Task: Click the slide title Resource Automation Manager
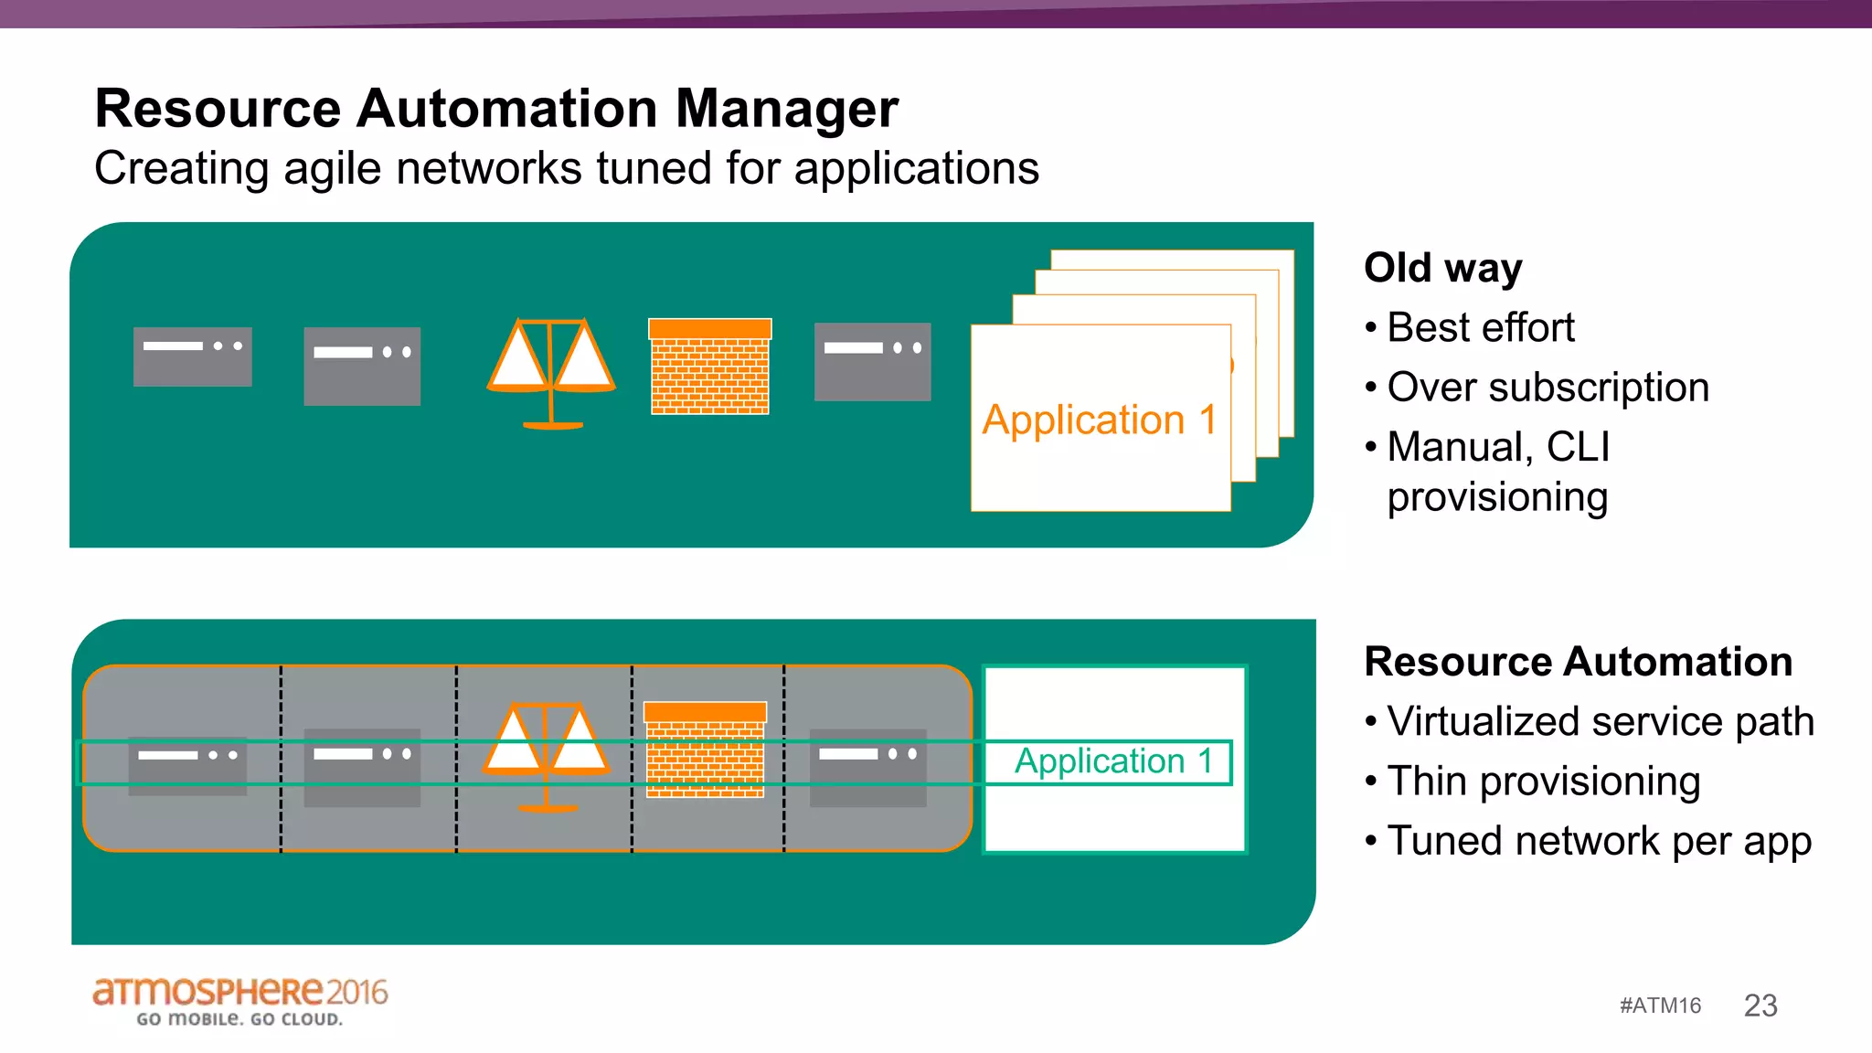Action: [x=496, y=109]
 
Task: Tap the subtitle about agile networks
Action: [x=567, y=169]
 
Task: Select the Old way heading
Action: [x=1442, y=269]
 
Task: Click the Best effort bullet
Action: [x=1480, y=328]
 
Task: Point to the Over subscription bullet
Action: [x=1547, y=388]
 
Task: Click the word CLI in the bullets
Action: [x=1578, y=447]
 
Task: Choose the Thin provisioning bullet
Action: [x=1543, y=782]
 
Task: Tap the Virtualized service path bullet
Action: [x=1600, y=721]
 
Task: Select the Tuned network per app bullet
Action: [x=1598, y=842]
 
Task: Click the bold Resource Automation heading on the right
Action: [x=1578, y=662]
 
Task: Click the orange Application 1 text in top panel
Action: [x=1099, y=420]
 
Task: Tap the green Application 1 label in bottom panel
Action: [x=1112, y=761]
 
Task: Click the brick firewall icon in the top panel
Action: [x=710, y=367]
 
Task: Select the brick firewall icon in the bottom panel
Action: [x=705, y=750]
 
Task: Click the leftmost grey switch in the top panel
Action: [x=192, y=356]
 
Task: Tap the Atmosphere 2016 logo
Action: [x=239, y=1000]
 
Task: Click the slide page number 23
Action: [x=1760, y=1005]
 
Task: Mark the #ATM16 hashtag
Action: [x=1660, y=1005]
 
